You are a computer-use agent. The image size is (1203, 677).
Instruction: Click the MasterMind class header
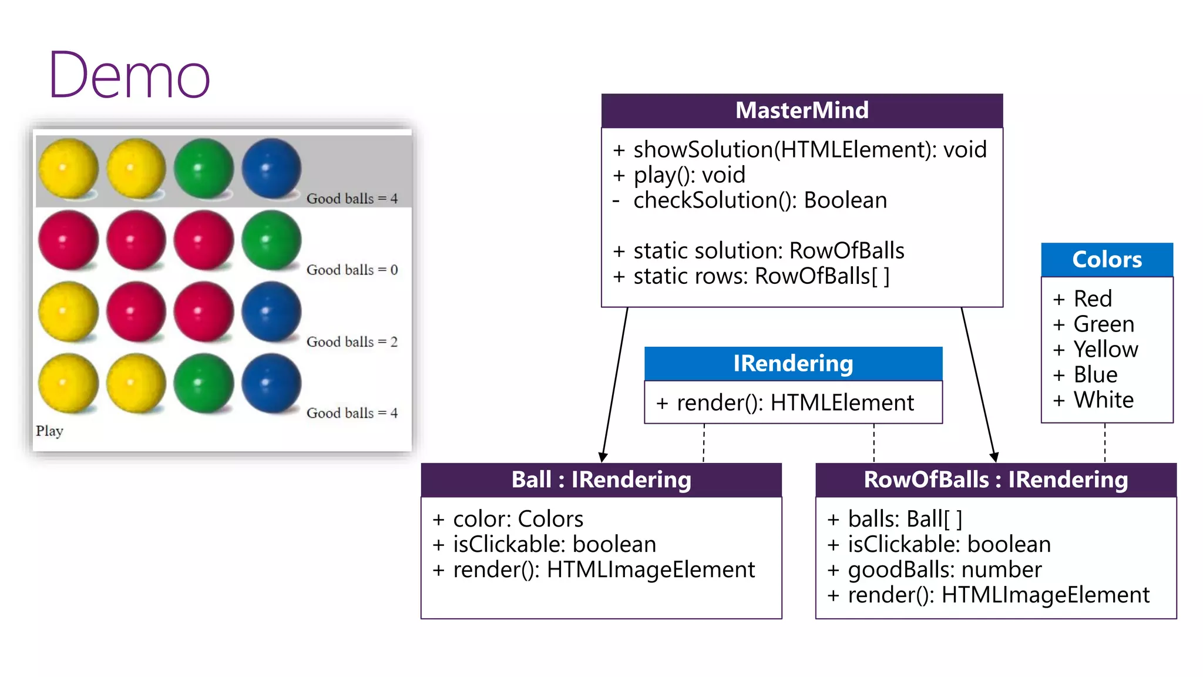coord(802,110)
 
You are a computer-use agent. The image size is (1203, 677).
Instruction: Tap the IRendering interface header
coord(793,364)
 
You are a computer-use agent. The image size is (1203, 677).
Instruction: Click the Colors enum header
coord(1107,260)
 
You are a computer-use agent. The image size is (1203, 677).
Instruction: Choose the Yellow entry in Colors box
coord(1105,349)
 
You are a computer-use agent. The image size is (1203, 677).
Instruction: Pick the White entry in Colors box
coord(1103,400)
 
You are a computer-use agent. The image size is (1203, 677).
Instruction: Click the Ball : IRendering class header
coord(601,480)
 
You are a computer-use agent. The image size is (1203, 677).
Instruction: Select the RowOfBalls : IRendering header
coord(996,480)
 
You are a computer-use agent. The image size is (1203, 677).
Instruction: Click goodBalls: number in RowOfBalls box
coord(944,569)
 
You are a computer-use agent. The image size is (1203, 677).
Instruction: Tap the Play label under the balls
coord(49,431)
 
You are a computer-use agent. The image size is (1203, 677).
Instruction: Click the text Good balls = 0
coord(352,270)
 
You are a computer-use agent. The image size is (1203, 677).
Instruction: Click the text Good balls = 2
coord(352,341)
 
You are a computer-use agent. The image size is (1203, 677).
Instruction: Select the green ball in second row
coord(271,240)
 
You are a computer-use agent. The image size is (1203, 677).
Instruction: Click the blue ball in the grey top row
coord(271,169)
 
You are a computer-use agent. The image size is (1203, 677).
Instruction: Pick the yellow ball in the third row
coord(68,311)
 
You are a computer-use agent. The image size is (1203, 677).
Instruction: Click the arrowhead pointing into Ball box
coord(603,457)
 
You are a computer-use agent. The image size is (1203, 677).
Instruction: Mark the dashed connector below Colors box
coord(1105,442)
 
